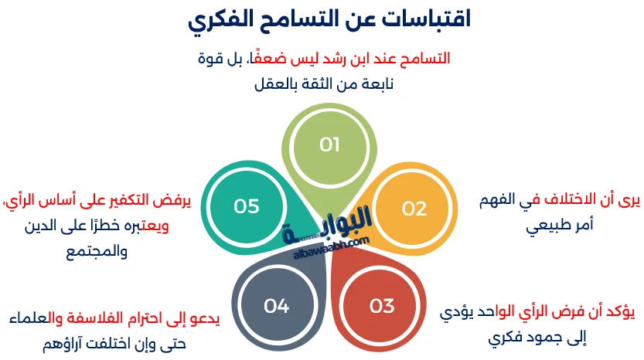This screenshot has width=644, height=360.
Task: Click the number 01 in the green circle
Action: click(x=330, y=144)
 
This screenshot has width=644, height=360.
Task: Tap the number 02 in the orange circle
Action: click(x=414, y=208)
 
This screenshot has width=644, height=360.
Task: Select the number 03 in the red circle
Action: click(x=382, y=305)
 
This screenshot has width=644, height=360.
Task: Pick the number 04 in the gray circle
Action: click(x=276, y=305)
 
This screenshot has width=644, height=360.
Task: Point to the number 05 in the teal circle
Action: click(x=247, y=205)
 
